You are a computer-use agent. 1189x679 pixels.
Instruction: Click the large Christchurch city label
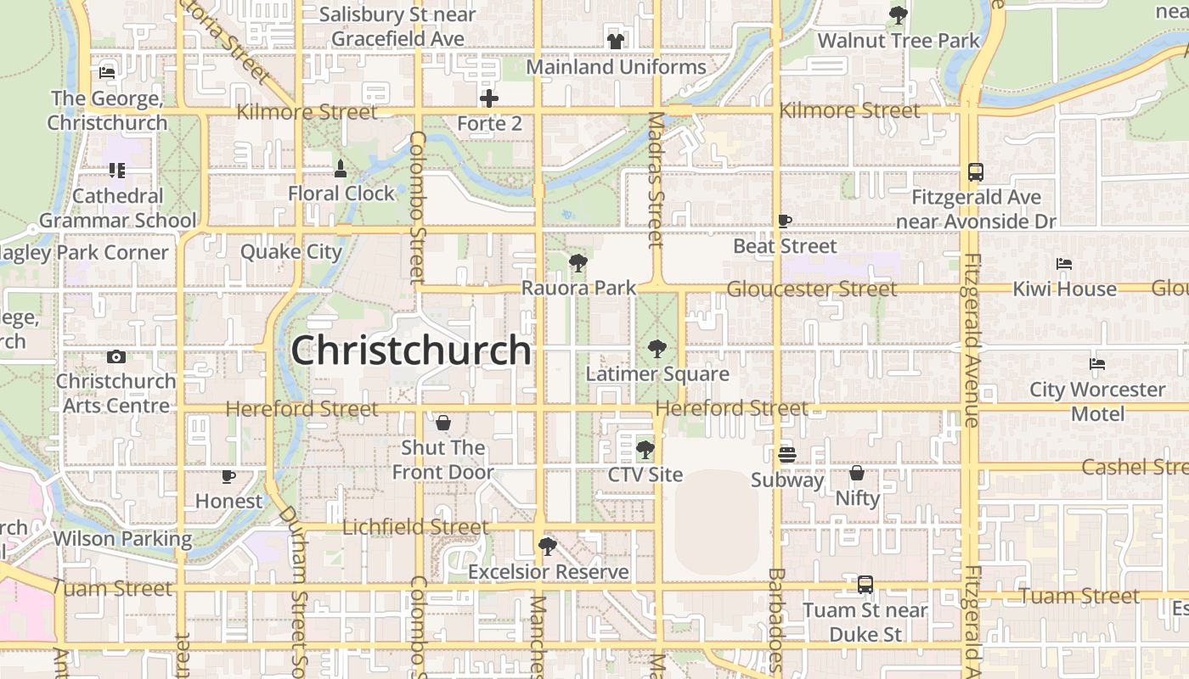[x=411, y=351]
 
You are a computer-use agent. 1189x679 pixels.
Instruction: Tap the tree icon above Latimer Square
[x=656, y=348]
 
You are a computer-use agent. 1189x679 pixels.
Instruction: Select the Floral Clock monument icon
[x=341, y=169]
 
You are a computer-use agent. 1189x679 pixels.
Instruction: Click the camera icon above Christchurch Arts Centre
[x=116, y=356]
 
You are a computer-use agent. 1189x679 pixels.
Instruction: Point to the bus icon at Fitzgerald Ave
[x=976, y=172]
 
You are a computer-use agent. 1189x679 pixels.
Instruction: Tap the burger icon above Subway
[x=787, y=455]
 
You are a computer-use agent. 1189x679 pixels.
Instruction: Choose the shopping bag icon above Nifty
[x=857, y=473]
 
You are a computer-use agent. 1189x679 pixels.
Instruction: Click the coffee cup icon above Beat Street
[x=785, y=222]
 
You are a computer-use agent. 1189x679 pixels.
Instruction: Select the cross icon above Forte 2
[x=489, y=98]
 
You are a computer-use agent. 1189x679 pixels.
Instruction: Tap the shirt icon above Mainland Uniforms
[x=616, y=41]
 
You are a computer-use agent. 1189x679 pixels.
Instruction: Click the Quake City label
[x=291, y=252]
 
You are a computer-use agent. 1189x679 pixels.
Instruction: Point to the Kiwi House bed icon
[x=1064, y=264]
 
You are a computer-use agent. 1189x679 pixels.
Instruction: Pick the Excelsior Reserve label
[x=549, y=572]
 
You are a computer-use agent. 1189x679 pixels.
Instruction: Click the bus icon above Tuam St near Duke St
[x=865, y=585]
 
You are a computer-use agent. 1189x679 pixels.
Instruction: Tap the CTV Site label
[x=645, y=474]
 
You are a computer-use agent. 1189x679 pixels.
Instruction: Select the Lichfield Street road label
[x=415, y=527]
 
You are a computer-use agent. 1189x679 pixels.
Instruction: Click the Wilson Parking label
[x=122, y=539]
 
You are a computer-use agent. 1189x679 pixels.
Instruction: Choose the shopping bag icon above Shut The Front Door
[x=442, y=423]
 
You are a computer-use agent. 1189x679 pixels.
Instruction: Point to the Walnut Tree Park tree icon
[x=898, y=15]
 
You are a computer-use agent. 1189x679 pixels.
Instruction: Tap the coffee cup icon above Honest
[x=228, y=476]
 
